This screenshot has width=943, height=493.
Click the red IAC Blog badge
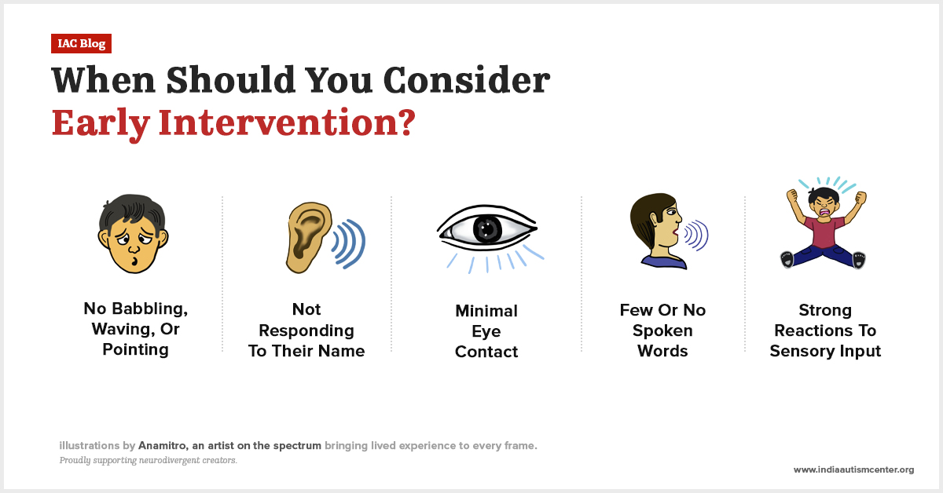(x=82, y=44)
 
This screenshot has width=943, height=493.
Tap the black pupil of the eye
(x=487, y=228)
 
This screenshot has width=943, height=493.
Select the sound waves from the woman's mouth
(x=695, y=234)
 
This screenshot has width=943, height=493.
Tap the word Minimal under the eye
(x=486, y=310)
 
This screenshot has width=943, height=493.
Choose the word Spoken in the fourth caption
(x=662, y=330)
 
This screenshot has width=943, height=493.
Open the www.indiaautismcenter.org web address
(x=853, y=469)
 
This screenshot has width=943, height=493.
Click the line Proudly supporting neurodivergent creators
(x=148, y=460)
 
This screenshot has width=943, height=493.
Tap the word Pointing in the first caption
(x=135, y=349)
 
